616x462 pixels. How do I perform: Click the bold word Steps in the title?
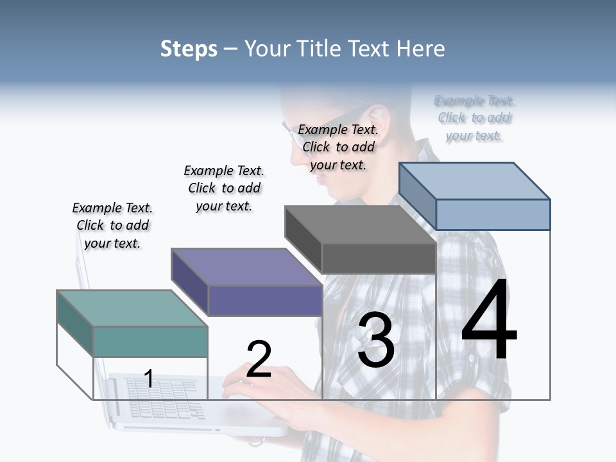189,49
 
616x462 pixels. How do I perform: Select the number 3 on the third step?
376,341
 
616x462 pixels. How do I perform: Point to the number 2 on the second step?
259,359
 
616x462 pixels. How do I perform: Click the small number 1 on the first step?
149,379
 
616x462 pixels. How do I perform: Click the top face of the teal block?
132,308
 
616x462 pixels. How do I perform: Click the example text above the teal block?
113,225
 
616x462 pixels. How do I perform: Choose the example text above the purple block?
224,188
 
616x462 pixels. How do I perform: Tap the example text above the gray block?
338,147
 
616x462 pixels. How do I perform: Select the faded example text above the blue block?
475,118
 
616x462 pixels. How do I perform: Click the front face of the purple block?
265,300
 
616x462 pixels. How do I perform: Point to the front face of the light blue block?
493,214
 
